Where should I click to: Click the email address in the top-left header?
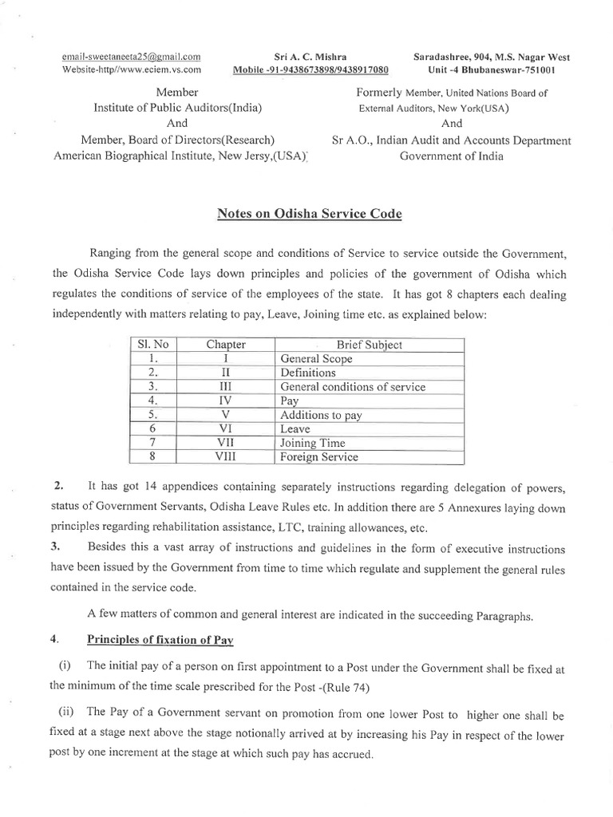coord(132,57)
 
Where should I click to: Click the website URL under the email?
coord(131,69)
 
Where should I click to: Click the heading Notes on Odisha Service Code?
coord(310,214)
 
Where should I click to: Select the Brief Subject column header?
coord(369,345)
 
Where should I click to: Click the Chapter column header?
coord(226,345)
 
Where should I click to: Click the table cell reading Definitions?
coord(309,373)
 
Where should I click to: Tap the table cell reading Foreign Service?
coord(319,457)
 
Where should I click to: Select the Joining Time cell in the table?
coord(313,443)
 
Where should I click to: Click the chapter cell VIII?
coord(226,457)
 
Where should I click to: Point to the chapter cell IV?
coord(226,401)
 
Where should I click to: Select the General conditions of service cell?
coord(353,387)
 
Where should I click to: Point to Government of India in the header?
coord(452,156)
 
